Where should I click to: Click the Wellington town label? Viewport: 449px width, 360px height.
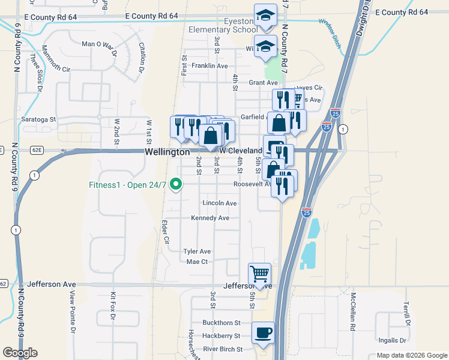(167, 152)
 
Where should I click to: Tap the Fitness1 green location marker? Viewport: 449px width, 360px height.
(176, 184)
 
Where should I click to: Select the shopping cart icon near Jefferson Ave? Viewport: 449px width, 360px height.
(259, 274)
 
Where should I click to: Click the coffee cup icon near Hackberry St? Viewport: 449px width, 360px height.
(263, 332)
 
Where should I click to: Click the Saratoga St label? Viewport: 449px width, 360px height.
(38, 119)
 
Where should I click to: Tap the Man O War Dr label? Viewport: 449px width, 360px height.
(97, 44)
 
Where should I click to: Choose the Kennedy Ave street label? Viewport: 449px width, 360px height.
(210, 218)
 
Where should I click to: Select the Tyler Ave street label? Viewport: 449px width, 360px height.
(197, 251)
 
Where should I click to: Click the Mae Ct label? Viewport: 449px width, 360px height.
(197, 262)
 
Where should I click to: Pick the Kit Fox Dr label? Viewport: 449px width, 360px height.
(112, 306)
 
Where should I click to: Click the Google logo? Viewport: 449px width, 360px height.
(20, 353)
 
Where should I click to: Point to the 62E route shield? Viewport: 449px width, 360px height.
(37, 150)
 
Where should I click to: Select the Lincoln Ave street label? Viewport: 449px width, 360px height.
(219, 203)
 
